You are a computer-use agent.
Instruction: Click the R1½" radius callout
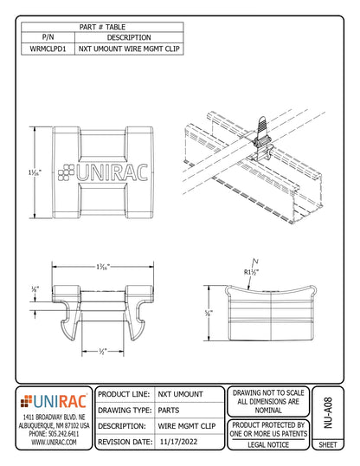click(x=254, y=271)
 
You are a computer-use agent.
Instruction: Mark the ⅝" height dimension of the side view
click(x=209, y=314)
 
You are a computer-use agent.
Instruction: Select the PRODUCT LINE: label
click(x=126, y=394)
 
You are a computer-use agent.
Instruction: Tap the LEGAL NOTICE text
click(x=269, y=443)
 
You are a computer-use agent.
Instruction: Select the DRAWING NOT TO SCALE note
click(x=269, y=393)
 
